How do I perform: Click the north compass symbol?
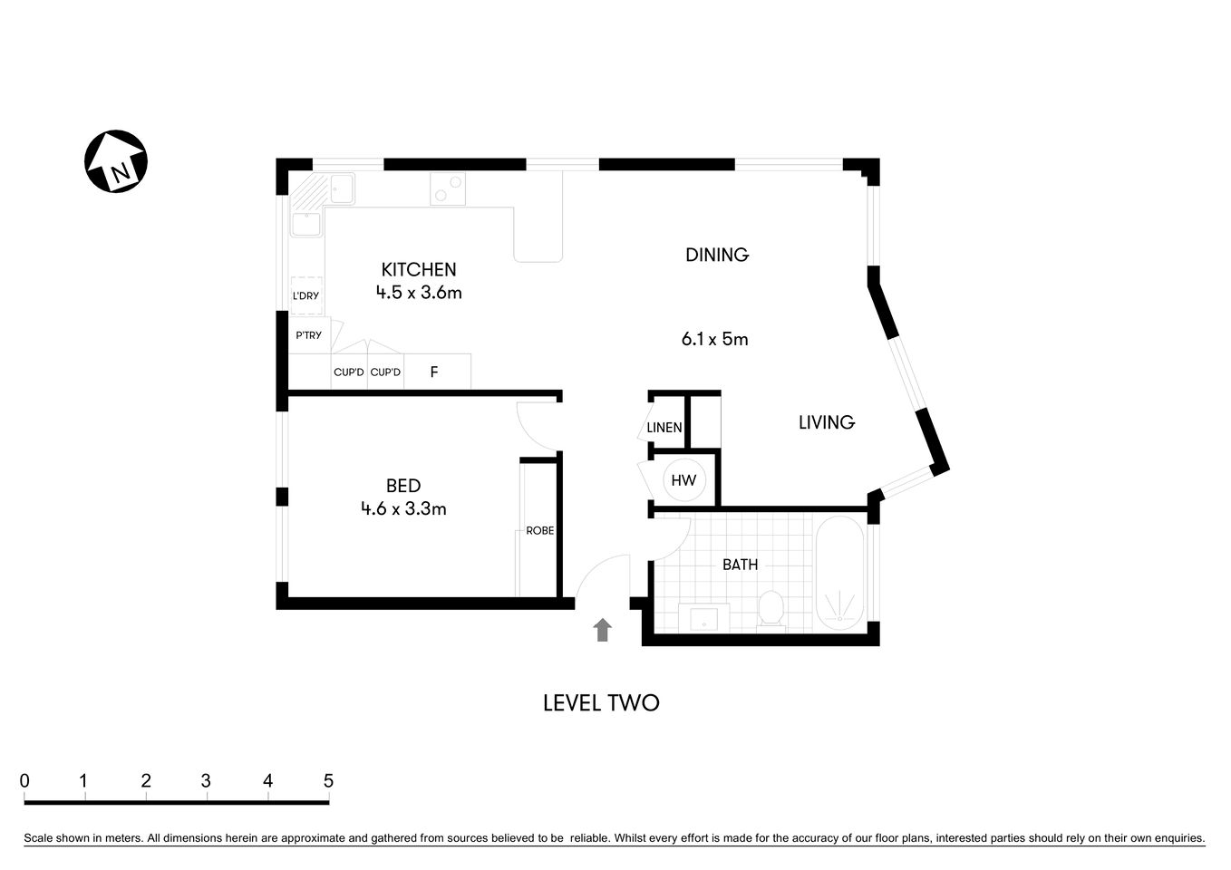116,161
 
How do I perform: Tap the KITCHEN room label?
418,269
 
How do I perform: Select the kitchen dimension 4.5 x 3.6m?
418,293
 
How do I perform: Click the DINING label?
716,255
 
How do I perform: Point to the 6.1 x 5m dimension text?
714,340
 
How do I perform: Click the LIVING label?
826,422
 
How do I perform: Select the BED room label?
403,486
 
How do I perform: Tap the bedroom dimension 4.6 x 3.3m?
403,509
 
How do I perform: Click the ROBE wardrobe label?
539,531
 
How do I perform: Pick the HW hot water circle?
683,480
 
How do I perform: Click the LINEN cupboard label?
664,428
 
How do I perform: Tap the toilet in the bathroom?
771,608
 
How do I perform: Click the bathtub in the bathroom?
840,573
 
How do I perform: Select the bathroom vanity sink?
704,618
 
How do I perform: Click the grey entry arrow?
602,630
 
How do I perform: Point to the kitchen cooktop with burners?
447,188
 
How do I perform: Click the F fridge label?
434,372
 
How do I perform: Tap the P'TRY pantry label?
308,335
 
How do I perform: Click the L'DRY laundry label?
305,296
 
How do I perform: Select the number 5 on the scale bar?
328,781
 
